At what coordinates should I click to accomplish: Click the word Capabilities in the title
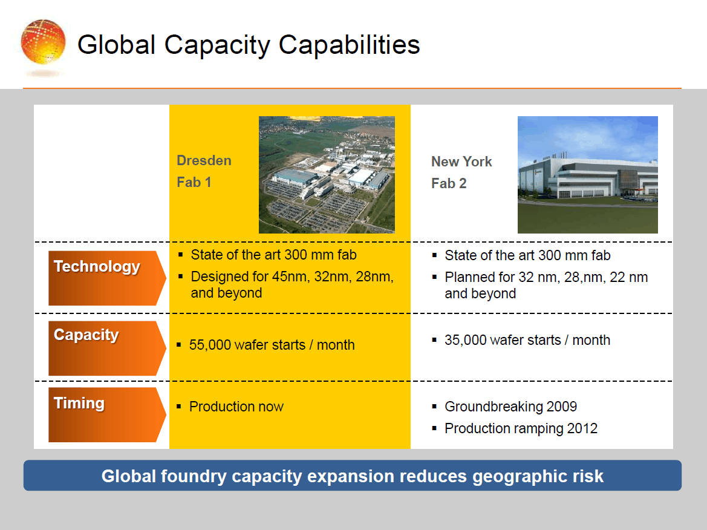pyautogui.click(x=350, y=45)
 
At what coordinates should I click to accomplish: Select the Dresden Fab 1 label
pyautogui.click(x=204, y=171)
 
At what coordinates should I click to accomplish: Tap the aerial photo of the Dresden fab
pyautogui.click(x=327, y=175)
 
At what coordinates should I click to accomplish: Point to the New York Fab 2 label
pyautogui.click(x=461, y=172)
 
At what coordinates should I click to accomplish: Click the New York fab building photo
pyautogui.click(x=587, y=175)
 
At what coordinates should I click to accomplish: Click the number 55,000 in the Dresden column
pyautogui.click(x=210, y=345)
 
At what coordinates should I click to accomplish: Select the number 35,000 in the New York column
pyautogui.click(x=465, y=340)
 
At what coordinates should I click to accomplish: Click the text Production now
pyautogui.click(x=236, y=407)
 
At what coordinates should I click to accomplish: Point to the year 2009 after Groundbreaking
pyautogui.click(x=561, y=407)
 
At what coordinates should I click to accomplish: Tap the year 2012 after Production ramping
pyautogui.click(x=582, y=428)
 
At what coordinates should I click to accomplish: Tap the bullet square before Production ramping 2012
pyautogui.click(x=434, y=428)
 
